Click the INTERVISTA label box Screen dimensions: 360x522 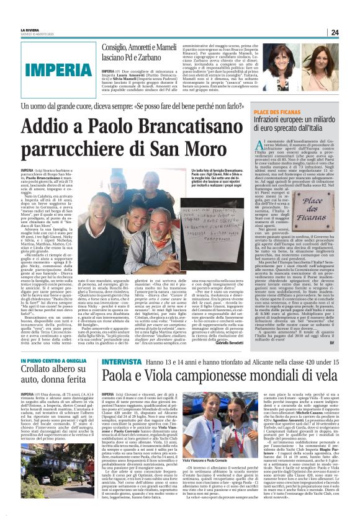point(122,362)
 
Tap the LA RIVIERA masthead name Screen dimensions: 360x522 point(29,30)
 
